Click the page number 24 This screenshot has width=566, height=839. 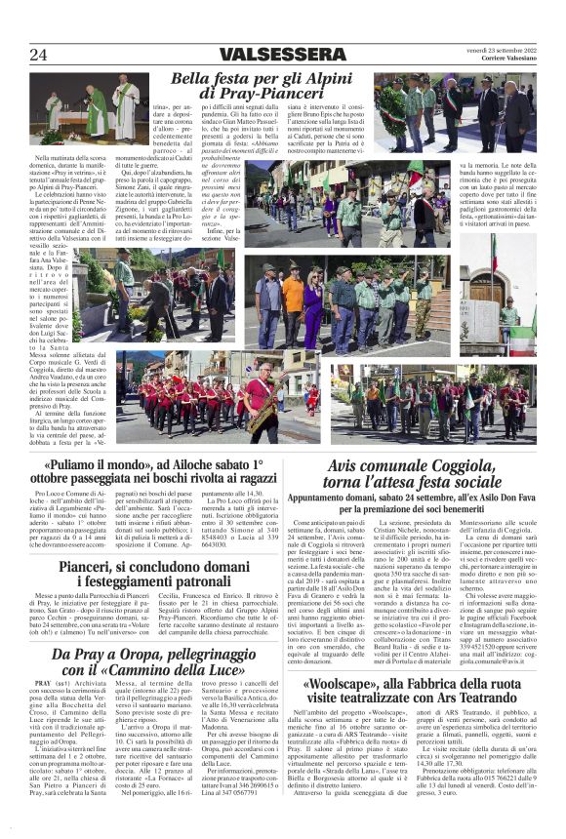coord(38,55)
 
